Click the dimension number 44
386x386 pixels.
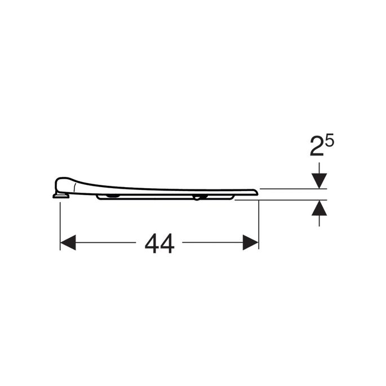[x=159, y=243]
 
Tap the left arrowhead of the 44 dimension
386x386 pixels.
[x=68, y=243]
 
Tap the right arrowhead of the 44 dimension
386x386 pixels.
[x=251, y=243]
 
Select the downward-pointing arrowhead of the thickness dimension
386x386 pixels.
[x=320, y=181]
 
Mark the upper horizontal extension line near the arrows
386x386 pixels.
[x=287, y=189]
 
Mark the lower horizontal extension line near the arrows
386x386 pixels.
[x=282, y=199]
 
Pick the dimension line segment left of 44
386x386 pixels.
[x=104, y=243]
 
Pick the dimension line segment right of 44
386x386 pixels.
[x=211, y=243]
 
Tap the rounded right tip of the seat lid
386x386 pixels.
[x=256, y=193]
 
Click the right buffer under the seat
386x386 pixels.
[x=197, y=197]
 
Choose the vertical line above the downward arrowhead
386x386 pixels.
[x=320, y=167]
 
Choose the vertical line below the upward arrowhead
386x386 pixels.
[x=320, y=221]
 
